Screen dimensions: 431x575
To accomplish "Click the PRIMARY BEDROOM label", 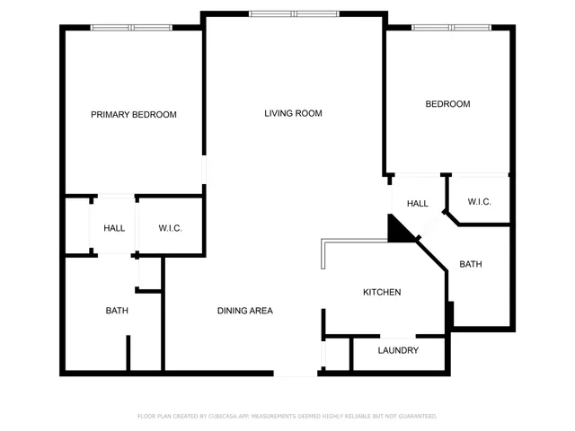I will click(x=134, y=115).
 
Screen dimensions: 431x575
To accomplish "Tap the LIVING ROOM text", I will click(x=293, y=113).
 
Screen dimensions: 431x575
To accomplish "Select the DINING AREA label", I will click(x=244, y=311).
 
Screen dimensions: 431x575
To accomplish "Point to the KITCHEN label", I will click(x=381, y=293).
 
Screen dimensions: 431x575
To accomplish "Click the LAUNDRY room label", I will click(x=398, y=350).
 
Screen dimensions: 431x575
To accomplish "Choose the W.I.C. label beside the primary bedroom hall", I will click(x=171, y=229).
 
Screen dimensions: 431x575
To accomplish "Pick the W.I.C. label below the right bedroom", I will click(x=479, y=202).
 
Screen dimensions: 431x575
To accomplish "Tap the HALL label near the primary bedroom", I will click(x=114, y=229).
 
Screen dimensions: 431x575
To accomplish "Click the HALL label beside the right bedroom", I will click(x=417, y=204).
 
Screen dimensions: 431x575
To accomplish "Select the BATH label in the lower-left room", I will click(x=117, y=311).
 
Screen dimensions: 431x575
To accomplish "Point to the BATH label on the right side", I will click(x=471, y=265).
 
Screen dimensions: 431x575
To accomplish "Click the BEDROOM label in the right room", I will click(x=447, y=104).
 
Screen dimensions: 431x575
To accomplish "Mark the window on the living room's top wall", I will click(x=294, y=13).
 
